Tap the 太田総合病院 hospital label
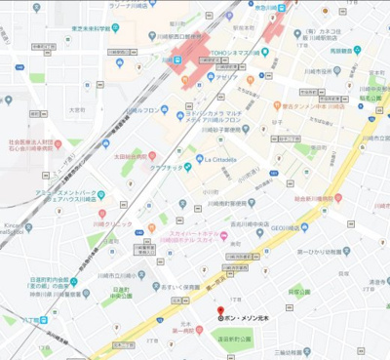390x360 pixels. click(x=132, y=155)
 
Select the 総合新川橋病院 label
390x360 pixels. click(x=315, y=197)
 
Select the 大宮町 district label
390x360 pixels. click(x=77, y=110)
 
